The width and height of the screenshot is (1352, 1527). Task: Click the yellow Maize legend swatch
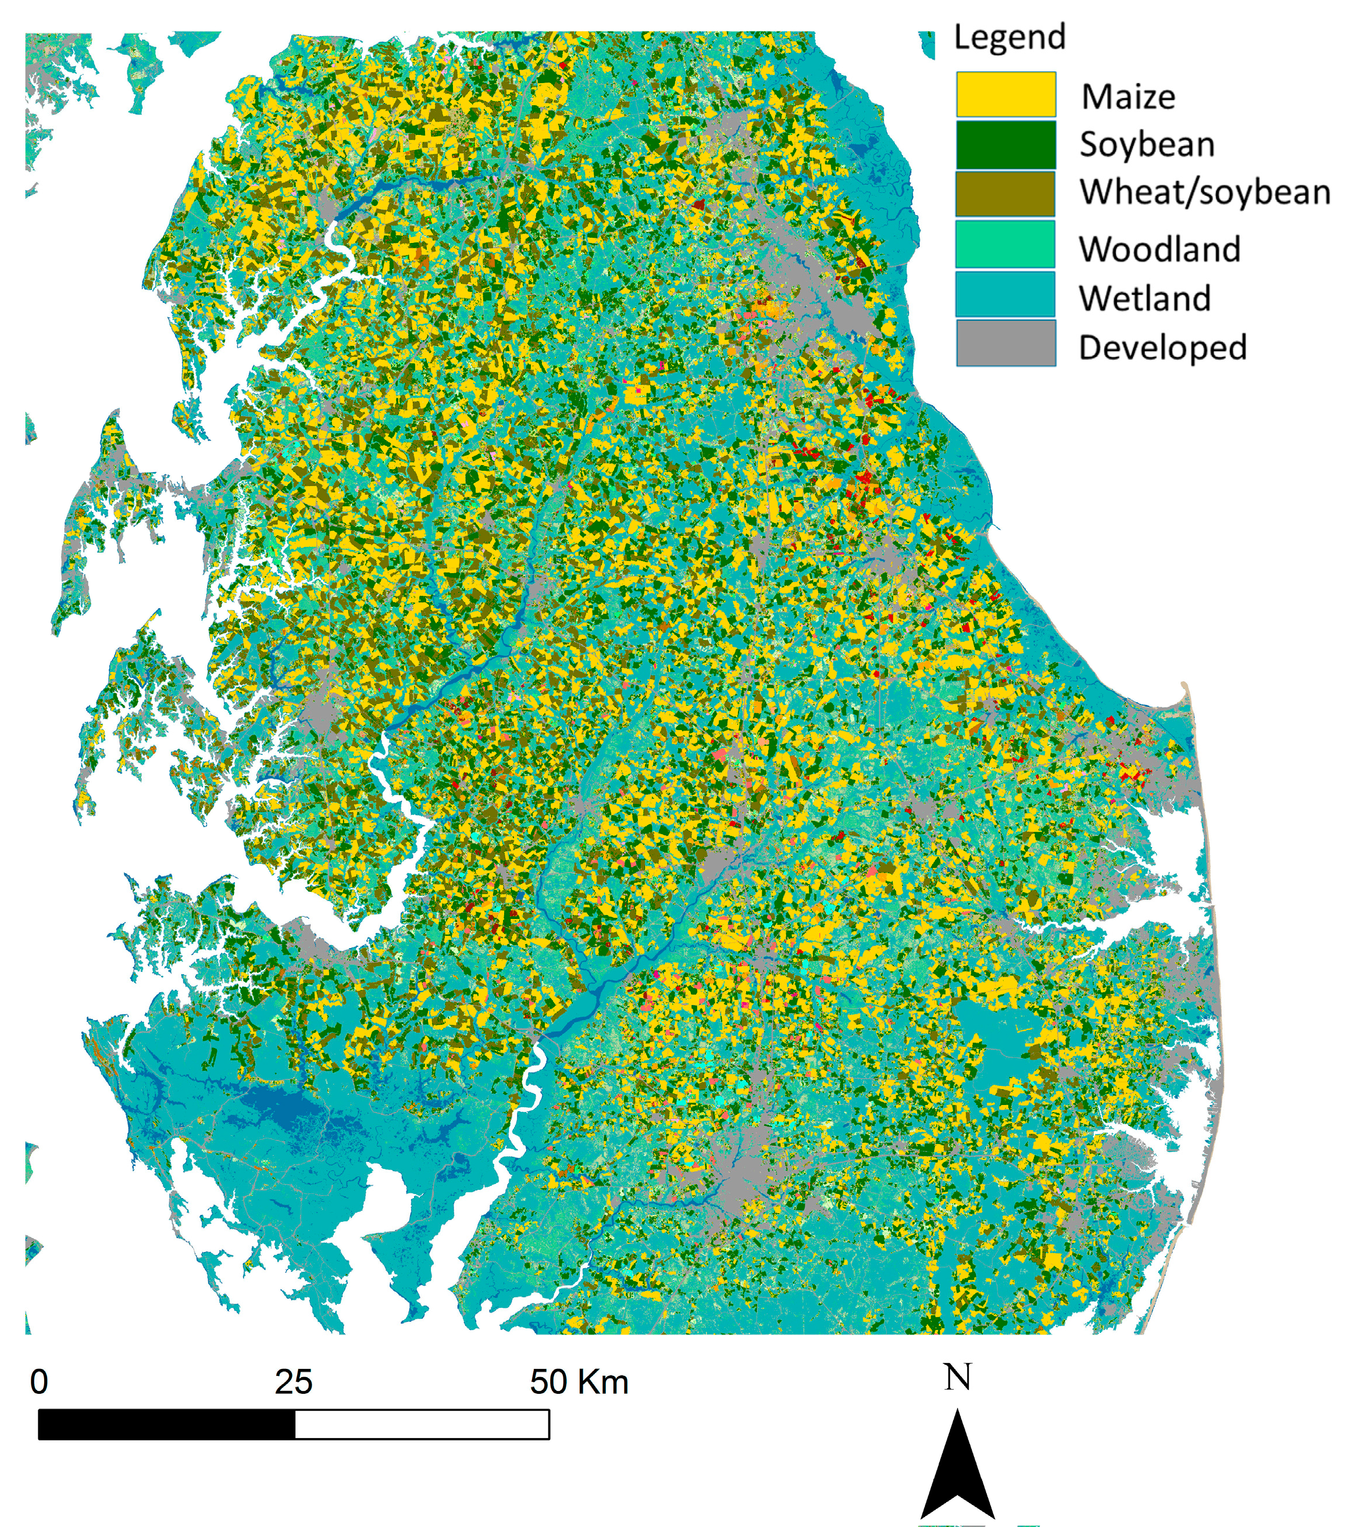coord(1005,94)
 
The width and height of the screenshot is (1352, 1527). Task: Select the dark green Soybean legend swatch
coord(1005,144)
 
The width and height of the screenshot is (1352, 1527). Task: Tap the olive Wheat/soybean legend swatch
coord(1005,194)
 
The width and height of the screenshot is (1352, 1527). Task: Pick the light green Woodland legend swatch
coord(1005,244)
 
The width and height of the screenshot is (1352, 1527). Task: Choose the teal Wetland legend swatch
coord(1005,294)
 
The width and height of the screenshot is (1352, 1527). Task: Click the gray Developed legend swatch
coord(1005,343)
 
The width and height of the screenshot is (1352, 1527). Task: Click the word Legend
coord(1009,37)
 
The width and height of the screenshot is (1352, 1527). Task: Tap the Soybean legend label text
coord(1147,145)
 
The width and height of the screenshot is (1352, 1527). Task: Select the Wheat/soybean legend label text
coord(1205,193)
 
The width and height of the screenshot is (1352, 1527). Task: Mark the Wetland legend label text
coord(1144,299)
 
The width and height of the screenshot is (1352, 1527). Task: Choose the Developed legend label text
coord(1162,348)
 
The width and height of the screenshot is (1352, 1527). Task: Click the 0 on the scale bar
coord(39,1382)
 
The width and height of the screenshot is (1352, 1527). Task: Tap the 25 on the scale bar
coord(293,1382)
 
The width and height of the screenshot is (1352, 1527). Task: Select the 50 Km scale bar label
coord(579,1382)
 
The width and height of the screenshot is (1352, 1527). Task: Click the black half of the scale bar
coord(166,1425)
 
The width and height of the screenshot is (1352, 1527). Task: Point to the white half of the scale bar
coord(422,1425)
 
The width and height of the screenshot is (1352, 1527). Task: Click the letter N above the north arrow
coord(957,1377)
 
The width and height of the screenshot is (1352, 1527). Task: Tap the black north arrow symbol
coord(957,1472)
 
